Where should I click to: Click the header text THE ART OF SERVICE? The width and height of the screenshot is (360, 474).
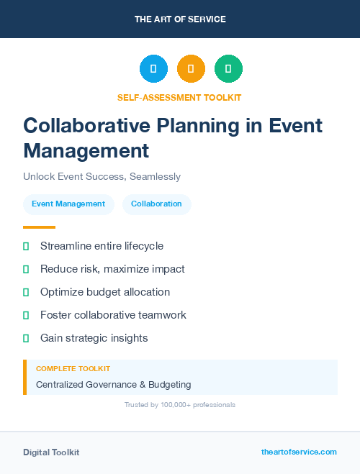pos(180,19)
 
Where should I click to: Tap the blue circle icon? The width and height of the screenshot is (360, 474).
pos(153,68)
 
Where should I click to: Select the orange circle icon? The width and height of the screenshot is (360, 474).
pos(191,68)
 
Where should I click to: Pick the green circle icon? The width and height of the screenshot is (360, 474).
pos(228,68)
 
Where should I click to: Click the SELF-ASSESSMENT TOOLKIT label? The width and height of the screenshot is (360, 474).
pos(179,97)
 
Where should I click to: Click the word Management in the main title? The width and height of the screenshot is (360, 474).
pos(86,151)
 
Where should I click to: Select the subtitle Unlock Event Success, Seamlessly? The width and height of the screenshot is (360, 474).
pos(102,176)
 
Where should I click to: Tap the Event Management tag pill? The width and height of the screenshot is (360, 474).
pos(68,204)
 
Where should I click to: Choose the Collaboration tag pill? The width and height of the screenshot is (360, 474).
pos(156,204)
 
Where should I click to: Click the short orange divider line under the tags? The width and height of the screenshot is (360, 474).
pos(39,227)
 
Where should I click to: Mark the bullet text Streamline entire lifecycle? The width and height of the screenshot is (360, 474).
pos(102,246)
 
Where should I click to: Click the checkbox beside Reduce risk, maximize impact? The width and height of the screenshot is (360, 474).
pos(26,269)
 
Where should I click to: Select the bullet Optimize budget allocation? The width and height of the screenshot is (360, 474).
pos(105,292)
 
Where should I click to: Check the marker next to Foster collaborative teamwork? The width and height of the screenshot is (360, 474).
pos(26,315)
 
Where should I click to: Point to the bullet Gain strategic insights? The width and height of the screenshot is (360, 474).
pos(94,337)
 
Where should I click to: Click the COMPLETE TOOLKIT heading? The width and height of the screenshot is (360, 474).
pos(73,368)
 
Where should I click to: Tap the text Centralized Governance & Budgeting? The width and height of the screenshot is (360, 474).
pos(113,384)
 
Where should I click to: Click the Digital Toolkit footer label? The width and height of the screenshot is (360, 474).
pos(51,452)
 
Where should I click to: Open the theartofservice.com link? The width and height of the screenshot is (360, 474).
pos(299,452)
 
